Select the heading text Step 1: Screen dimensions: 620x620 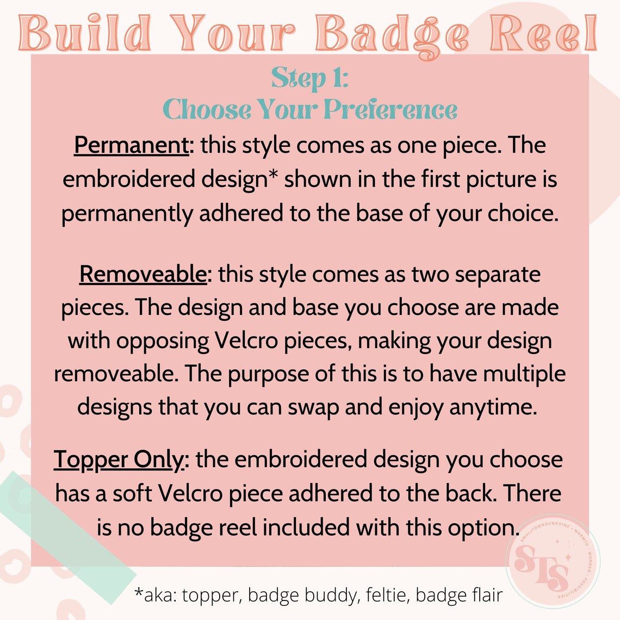[309, 78]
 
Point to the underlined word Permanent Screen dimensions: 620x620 [131, 146]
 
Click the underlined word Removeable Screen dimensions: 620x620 [143, 274]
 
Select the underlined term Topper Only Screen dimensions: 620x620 [120, 460]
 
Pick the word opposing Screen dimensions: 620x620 [163, 342]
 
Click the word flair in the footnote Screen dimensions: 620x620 [487, 596]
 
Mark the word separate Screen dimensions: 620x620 [498, 275]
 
